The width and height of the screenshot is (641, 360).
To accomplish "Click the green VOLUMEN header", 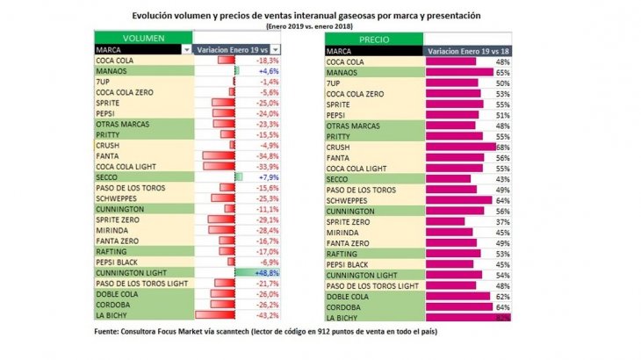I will pyautogui.click(x=142, y=39).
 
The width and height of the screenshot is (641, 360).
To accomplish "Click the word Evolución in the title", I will pyautogui.click(x=157, y=16).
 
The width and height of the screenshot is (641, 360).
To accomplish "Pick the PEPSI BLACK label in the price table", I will pyautogui.click(x=347, y=263).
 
